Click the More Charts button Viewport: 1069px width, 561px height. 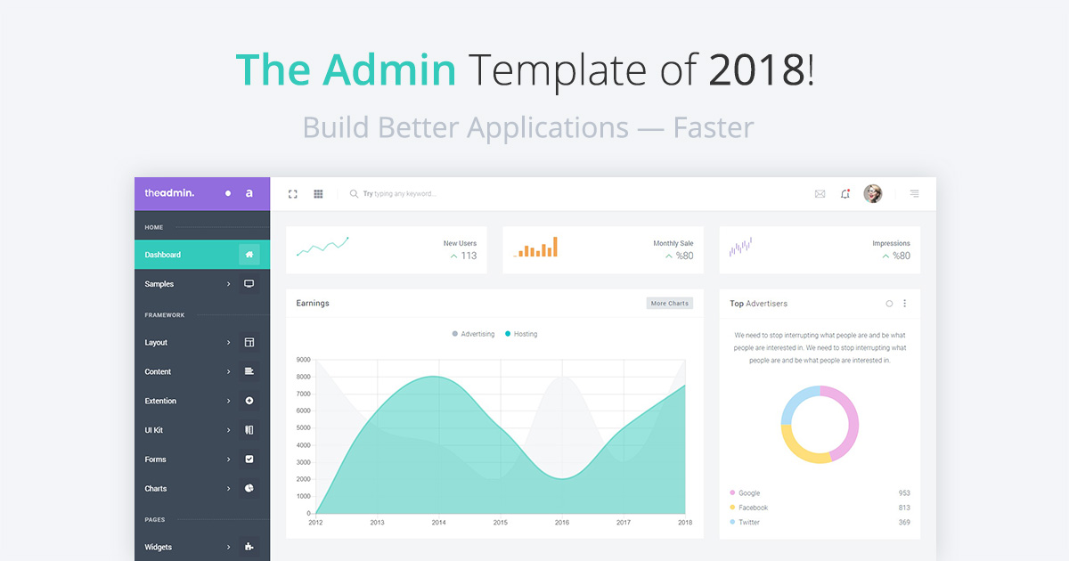pos(670,304)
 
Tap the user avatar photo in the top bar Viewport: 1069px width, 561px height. pos(873,194)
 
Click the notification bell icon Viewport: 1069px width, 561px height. pos(845,194)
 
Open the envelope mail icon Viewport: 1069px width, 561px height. pos(820,194)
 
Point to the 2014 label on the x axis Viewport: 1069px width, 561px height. pos(438,523)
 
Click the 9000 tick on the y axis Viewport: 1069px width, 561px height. pos(304,360)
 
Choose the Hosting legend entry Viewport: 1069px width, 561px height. pos(521,334)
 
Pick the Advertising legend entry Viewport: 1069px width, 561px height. pos(473,334)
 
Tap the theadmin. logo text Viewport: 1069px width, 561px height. pos(169,193)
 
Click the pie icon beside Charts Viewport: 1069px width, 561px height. pos(249,488)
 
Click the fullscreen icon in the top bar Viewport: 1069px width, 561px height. pos(292,194)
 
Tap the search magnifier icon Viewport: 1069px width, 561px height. pos(354,194)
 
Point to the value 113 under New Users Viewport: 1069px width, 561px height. pos(469,256)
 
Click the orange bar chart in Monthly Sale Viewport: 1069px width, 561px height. pos(535,248)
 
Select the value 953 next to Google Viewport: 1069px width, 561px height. pos(904,492)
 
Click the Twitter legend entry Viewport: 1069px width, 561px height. pos(745,523)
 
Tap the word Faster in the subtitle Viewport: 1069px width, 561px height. pos(714,127)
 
